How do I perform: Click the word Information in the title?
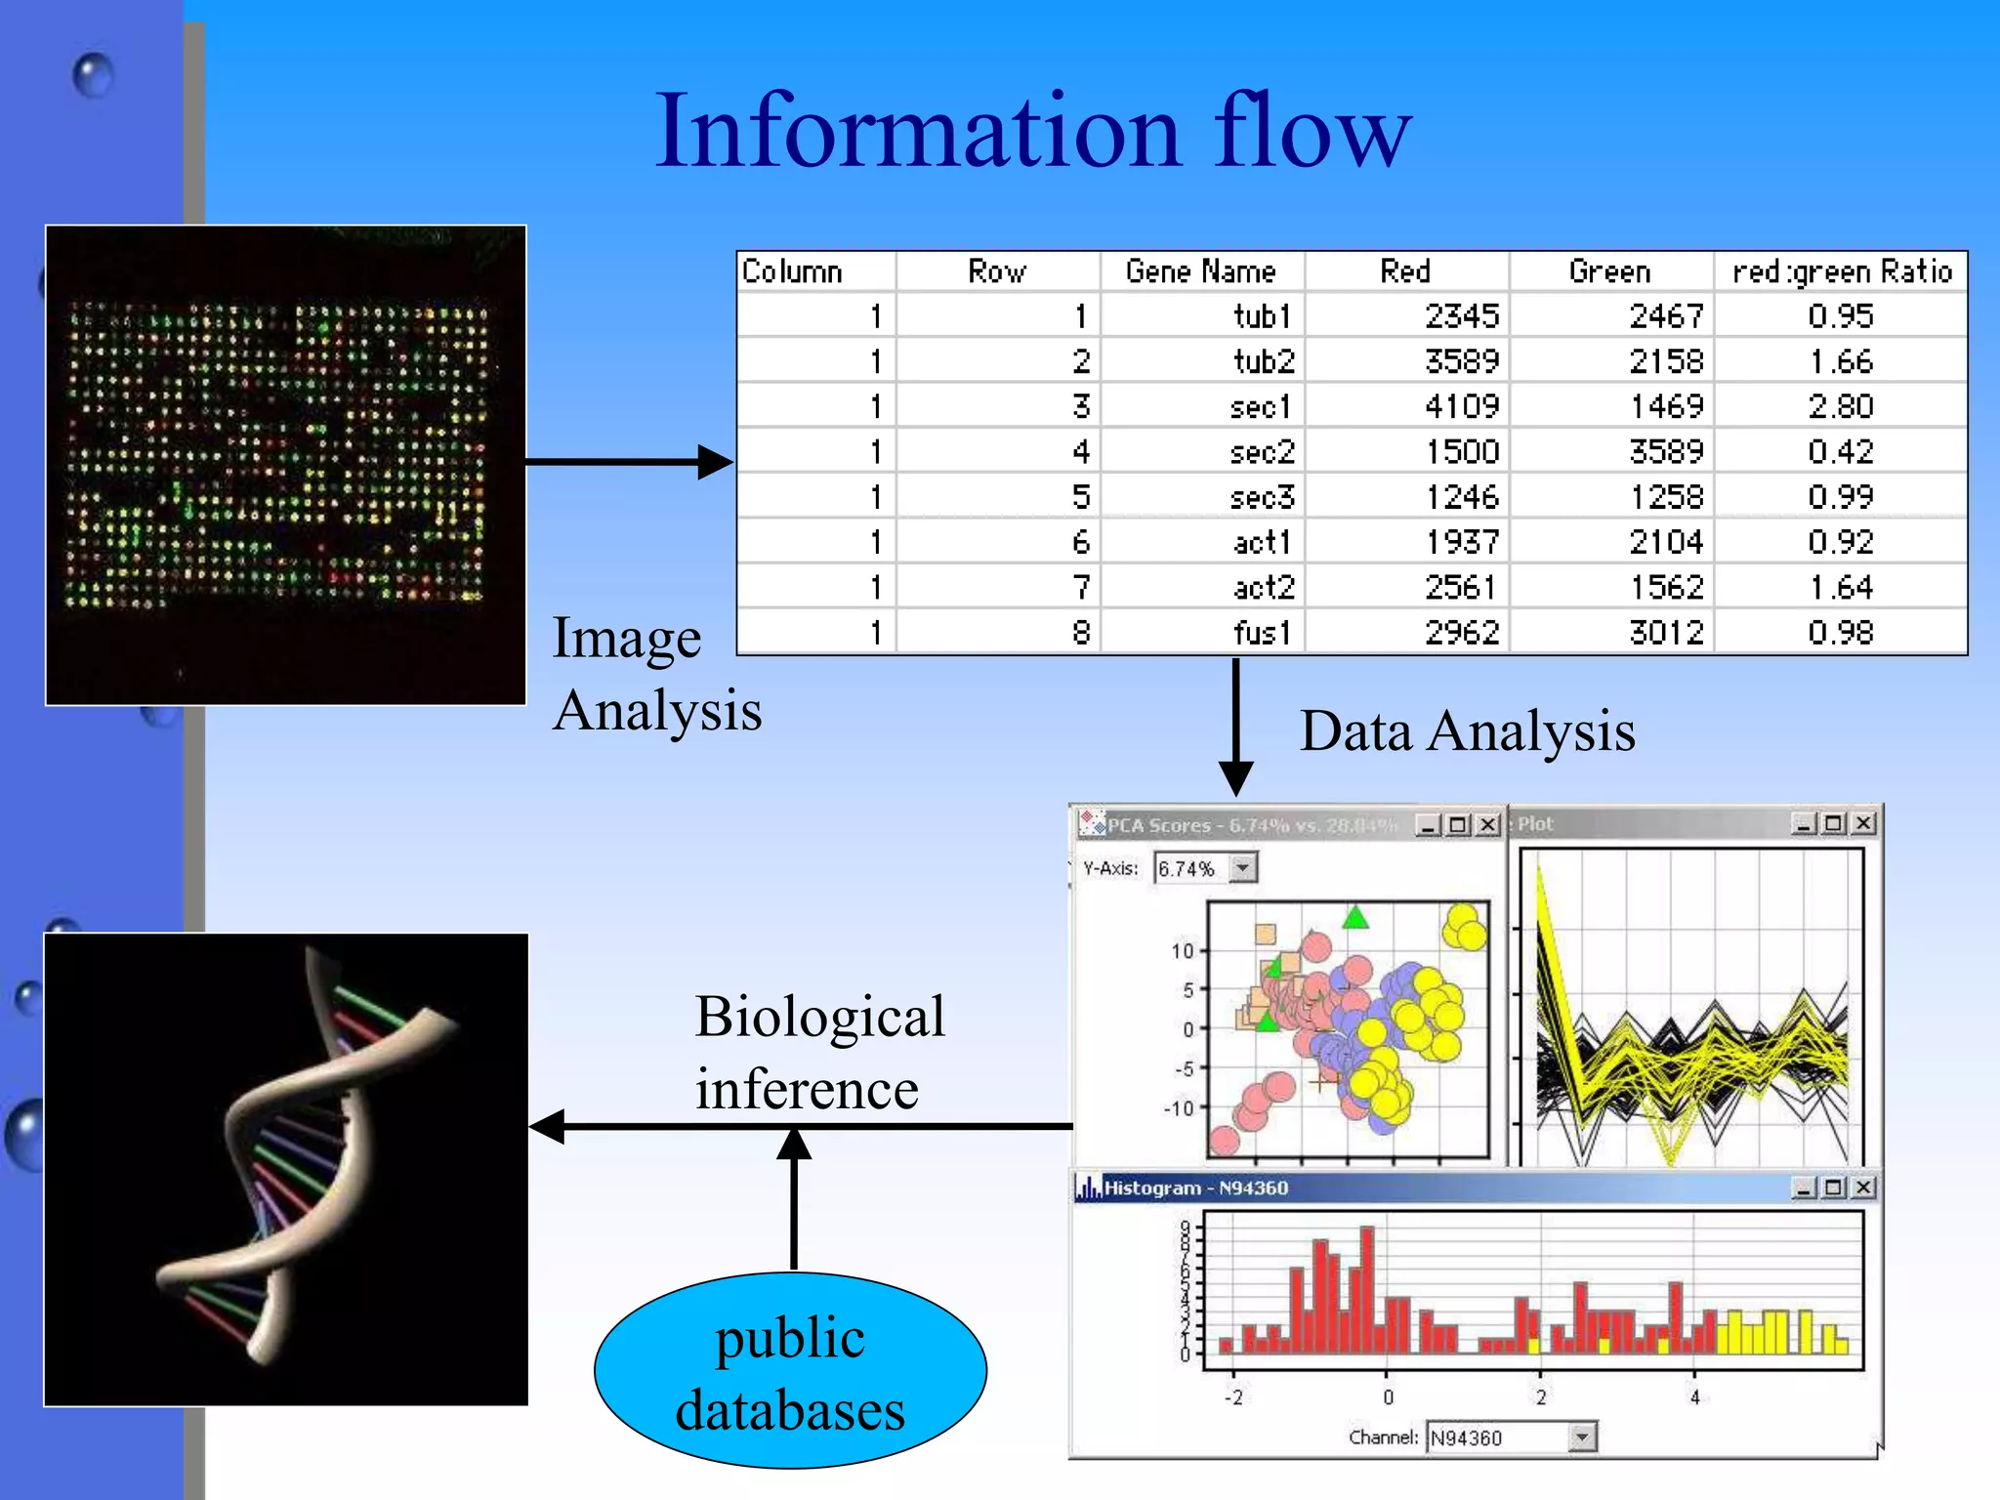[918, 132]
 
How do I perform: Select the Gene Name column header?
[1200, 271]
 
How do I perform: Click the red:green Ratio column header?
[1842, 271]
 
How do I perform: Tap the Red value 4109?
[1461, 406]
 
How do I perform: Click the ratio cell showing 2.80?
[1840, 406]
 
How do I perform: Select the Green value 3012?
[1666, 633]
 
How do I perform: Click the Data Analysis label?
[1467, 730]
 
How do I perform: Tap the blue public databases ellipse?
[790, 1371]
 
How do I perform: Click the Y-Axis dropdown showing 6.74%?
[1205, 868]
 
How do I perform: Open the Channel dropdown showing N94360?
[1510, 1437]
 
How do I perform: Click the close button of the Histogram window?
[1863, 1187]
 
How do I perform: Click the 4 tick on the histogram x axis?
[1694, 1397]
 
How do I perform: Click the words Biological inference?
[818, 1052]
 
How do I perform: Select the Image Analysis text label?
[656, 674]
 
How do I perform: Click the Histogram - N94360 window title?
[1195, 1188]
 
